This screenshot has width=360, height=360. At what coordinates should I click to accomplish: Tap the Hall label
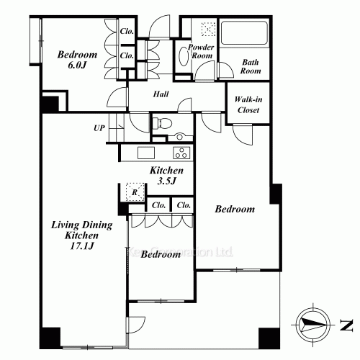[161, 94]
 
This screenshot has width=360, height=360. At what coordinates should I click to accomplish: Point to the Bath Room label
[250, 68]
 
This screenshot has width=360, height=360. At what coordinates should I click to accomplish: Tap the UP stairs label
[99, 129]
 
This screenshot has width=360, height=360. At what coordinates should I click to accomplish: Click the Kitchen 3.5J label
[166, 176]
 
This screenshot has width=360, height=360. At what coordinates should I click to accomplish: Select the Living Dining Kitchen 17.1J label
[81, 236]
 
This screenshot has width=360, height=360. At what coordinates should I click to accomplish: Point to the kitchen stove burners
[181, 153]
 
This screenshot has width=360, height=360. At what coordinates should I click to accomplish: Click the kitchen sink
[146, 153]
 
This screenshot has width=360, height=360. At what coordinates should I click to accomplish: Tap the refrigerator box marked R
[132, 193]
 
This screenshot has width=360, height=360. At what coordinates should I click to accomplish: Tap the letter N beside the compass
[348, 324]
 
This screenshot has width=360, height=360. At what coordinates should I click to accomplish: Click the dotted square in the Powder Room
[209, 30]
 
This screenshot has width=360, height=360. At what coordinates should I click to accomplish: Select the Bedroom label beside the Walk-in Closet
[235, 210]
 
